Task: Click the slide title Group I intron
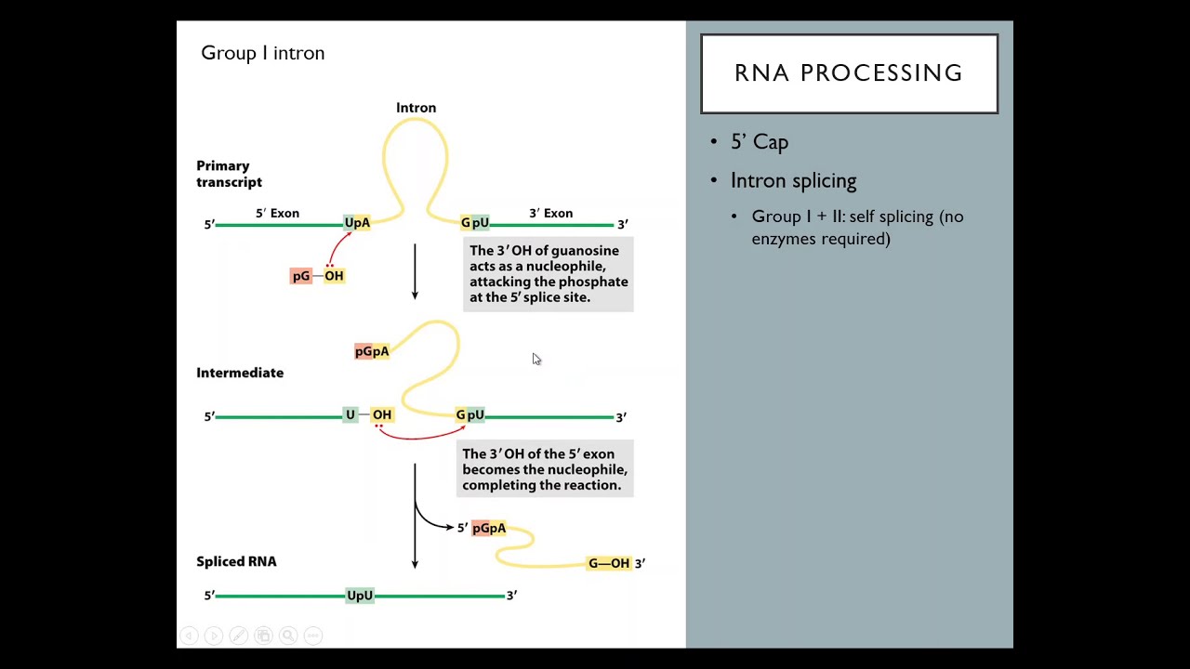[262, 53]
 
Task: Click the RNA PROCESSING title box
[848, 73]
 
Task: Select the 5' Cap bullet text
[759, 142]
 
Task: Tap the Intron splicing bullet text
[793, 181]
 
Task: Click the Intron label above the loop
[416, 108]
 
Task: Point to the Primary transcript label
[229, 174]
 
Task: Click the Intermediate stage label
[240, 373]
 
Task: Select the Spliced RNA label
[236, 561]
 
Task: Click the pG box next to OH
[301, 276]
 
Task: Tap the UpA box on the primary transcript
[357, 223]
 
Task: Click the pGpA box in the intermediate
[372, 351]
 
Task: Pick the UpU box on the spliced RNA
[360, 596]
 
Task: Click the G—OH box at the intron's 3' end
[608, 563]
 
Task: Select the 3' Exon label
[550, 214]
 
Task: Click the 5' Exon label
[277, 214]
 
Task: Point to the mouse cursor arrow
[535, 359]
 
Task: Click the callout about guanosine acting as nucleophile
[548, 274]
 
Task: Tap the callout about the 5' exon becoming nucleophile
[545, 469]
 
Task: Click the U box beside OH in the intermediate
[350, 414]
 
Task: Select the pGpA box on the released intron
[489, 528]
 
